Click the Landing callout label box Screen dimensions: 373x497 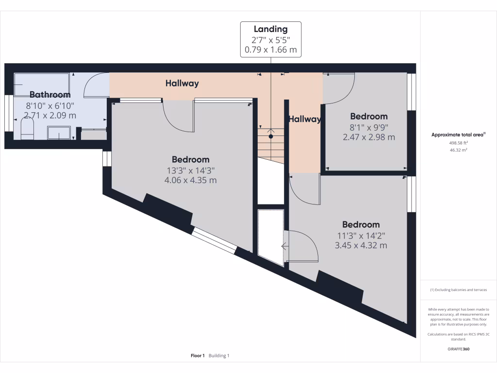pos(271,39)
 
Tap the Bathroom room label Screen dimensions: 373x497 pos(50,95)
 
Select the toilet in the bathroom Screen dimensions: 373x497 pos(27,130)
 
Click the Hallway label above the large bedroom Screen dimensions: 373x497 pos(182,84)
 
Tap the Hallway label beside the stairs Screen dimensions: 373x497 pos(305,119)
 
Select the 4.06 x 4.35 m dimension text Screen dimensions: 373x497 pos(191,180)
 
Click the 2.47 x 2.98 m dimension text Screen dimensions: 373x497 pos(369,137)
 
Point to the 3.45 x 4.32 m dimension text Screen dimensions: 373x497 pos(361,246)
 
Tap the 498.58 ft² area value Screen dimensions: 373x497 pos(459,143)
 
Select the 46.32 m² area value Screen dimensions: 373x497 pos(459,151)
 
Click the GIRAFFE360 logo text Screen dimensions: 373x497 pos(459,349)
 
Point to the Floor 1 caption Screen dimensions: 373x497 pos(198,356)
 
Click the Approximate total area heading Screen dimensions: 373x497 pos(458,135)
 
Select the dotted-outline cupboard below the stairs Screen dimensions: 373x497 pos(270,237)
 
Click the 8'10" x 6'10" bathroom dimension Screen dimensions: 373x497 pos(50,105)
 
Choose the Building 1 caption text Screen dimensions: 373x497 pos(219,356)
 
